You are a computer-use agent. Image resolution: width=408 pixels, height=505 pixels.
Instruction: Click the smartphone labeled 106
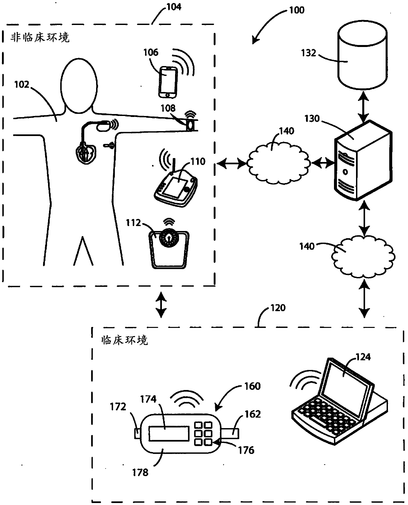[168, 82]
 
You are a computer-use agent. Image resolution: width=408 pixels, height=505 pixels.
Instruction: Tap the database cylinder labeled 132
[362, 55]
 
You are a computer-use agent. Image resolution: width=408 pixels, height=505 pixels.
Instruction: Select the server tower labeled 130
[363, 160]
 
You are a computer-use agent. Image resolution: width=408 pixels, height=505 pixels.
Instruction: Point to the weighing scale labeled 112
[169, 250]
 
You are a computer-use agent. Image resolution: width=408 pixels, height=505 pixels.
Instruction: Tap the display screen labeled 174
[169, 434]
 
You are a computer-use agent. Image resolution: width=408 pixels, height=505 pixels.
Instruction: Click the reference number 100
[296, 10]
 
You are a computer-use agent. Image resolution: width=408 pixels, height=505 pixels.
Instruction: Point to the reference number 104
[174, 7]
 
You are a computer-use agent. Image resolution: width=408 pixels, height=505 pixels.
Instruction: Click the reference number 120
[278, 308]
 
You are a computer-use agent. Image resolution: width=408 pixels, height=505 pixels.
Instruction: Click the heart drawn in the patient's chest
[86, 153]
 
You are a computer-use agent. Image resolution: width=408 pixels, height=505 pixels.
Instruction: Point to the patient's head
[79, 86]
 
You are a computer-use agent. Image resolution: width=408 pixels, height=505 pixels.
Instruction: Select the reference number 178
[140, 472]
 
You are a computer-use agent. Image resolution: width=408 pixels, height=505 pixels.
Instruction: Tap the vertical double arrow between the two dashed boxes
[161, 305]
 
